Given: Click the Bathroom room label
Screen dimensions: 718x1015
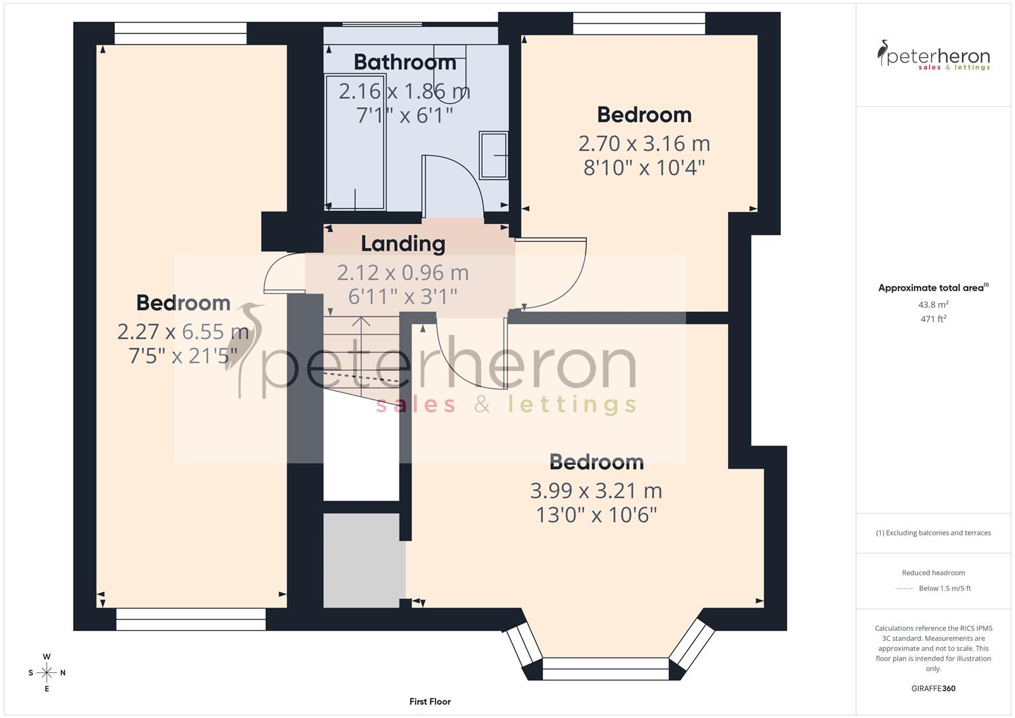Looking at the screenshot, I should pyautogui.click(x=405, y=62).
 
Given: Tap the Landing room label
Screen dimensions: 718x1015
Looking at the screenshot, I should pyautogui.click(x=403, y=243).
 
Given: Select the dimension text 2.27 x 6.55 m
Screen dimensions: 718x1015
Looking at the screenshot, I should pyautogui.click(x=183, y=330).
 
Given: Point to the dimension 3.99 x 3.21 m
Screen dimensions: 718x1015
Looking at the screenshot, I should pyautogui.click(x=596, y=491).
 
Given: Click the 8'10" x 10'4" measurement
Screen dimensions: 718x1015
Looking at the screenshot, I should pyautogui.click(x=643, y=168).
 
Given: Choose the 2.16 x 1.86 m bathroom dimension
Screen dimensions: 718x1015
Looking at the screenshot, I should pyautogui.click(x=404, y=91).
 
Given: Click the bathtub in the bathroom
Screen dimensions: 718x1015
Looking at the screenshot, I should pyautogui.click(x=355, y=142).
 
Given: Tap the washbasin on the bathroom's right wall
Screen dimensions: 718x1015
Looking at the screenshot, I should pyautogui.click(x=493, y=155).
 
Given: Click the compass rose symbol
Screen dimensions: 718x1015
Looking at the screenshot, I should pyautogui.click(x=47, y=673).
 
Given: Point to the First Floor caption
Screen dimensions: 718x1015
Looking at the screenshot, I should pyautogui.click(x=430, y=701).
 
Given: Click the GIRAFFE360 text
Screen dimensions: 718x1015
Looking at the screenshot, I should pyautogui.click(x=933, y=688).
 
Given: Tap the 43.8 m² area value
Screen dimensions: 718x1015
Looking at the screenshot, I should pyautogui.click(x=933, y=304).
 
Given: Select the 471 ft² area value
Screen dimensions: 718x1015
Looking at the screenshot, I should pyautogui.click(x=933, y=319).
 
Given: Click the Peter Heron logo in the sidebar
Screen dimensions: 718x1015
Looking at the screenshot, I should pyautogui.click(x=933, y=56).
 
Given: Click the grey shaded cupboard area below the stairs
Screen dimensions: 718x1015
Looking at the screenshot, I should pyautogui.click(x=364, y=560).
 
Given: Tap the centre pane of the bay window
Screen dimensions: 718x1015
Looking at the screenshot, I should pyautogui.click(x=605, y=668).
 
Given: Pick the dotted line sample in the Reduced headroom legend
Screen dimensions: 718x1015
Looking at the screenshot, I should pyautogui.click(x=905, y=588).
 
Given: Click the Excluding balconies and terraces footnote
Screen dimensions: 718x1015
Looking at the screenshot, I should pyautogui.click(x=933, y=533).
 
